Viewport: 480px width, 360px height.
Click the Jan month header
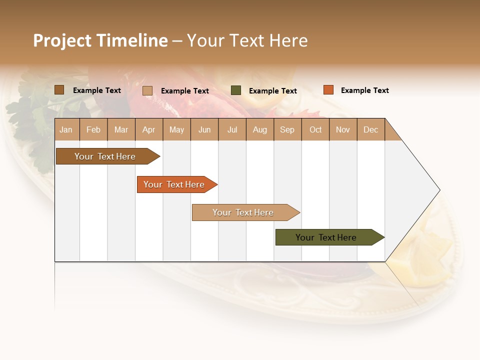tap(66, 129)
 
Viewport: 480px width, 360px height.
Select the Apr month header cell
tap(149, 129)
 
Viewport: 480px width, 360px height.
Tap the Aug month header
tap(259, 129)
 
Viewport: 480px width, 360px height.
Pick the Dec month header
tap(370, 129)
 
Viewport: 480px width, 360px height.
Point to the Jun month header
tap(204, 129)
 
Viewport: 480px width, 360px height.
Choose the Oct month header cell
tap(315, 129)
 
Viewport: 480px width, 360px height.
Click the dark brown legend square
tap(59, 90)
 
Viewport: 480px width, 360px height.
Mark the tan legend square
tap(147, 90)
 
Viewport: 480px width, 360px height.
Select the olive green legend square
tap(236, 90)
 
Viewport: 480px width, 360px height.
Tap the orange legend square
tap(328, 90)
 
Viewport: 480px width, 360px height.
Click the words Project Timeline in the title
tap(100, 40)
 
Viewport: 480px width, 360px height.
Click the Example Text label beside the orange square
tap(364, 90)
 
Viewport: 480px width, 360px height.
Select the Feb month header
tap(93, 129)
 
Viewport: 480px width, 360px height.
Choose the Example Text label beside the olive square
tap(272, 91)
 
